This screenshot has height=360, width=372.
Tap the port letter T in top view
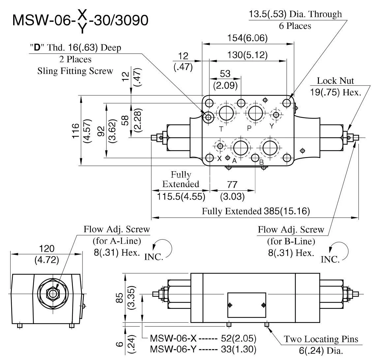pos(221,129)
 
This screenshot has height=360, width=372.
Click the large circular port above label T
pos(226,114)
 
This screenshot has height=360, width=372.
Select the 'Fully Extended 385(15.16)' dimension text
pos(256,211)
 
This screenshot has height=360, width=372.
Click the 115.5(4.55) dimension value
pos(181,197)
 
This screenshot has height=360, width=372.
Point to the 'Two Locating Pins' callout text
pos(321,339)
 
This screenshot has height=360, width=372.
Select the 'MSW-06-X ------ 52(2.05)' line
pos(203,339)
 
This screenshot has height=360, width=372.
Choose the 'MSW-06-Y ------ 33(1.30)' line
pos(203,348)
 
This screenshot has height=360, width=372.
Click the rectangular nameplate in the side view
pos(246,305)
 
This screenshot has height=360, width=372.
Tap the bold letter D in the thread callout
pos(37,48)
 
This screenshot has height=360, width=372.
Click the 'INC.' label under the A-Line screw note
pos(154,257)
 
